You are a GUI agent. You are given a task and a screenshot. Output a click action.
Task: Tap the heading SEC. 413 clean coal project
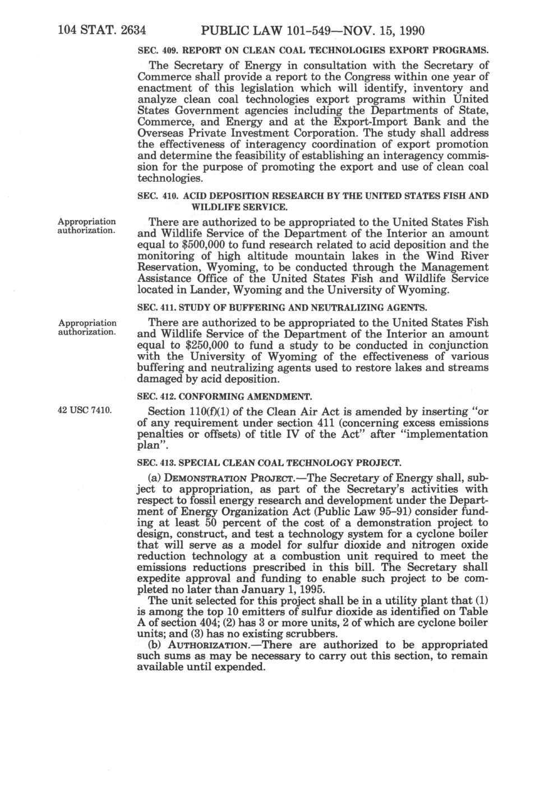click(269, 463)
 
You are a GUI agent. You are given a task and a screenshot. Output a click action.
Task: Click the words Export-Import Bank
click(373, 122)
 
